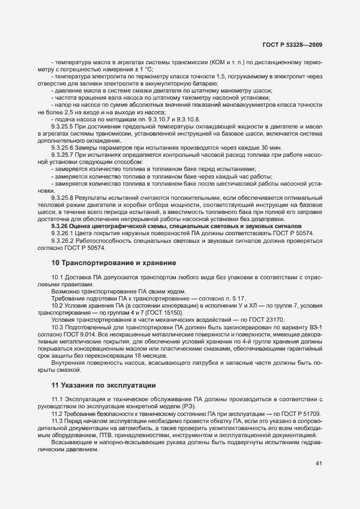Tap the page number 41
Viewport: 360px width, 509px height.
tap(319, 463)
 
